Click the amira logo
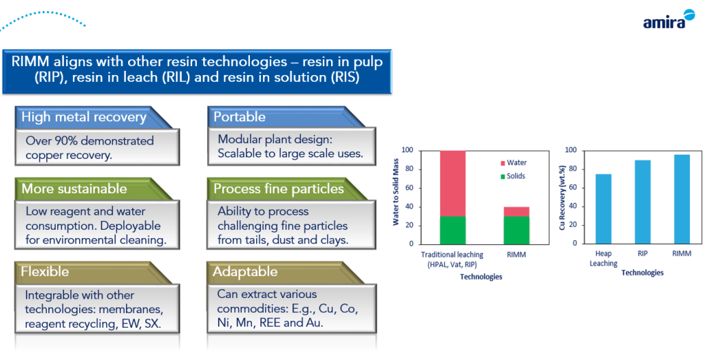click(x=669, y=19)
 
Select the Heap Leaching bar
click(x=603, y=209)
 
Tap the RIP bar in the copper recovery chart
click(x=642, y=202)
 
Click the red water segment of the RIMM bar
click(x=516, y=211)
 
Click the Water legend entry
click(x=512, y=162)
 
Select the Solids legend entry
click(x=512, y=176)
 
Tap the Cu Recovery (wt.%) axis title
click(x=562, y=198)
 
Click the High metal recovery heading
click(x=84, y=117)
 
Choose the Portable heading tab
click(x=240, y=117)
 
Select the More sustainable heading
click(x=74, y=189)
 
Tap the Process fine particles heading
click(x=279, y=189)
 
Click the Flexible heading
click(x=45, y=271)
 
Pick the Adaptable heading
click(x=245, y=272)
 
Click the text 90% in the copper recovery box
click(x=66, y=140)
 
